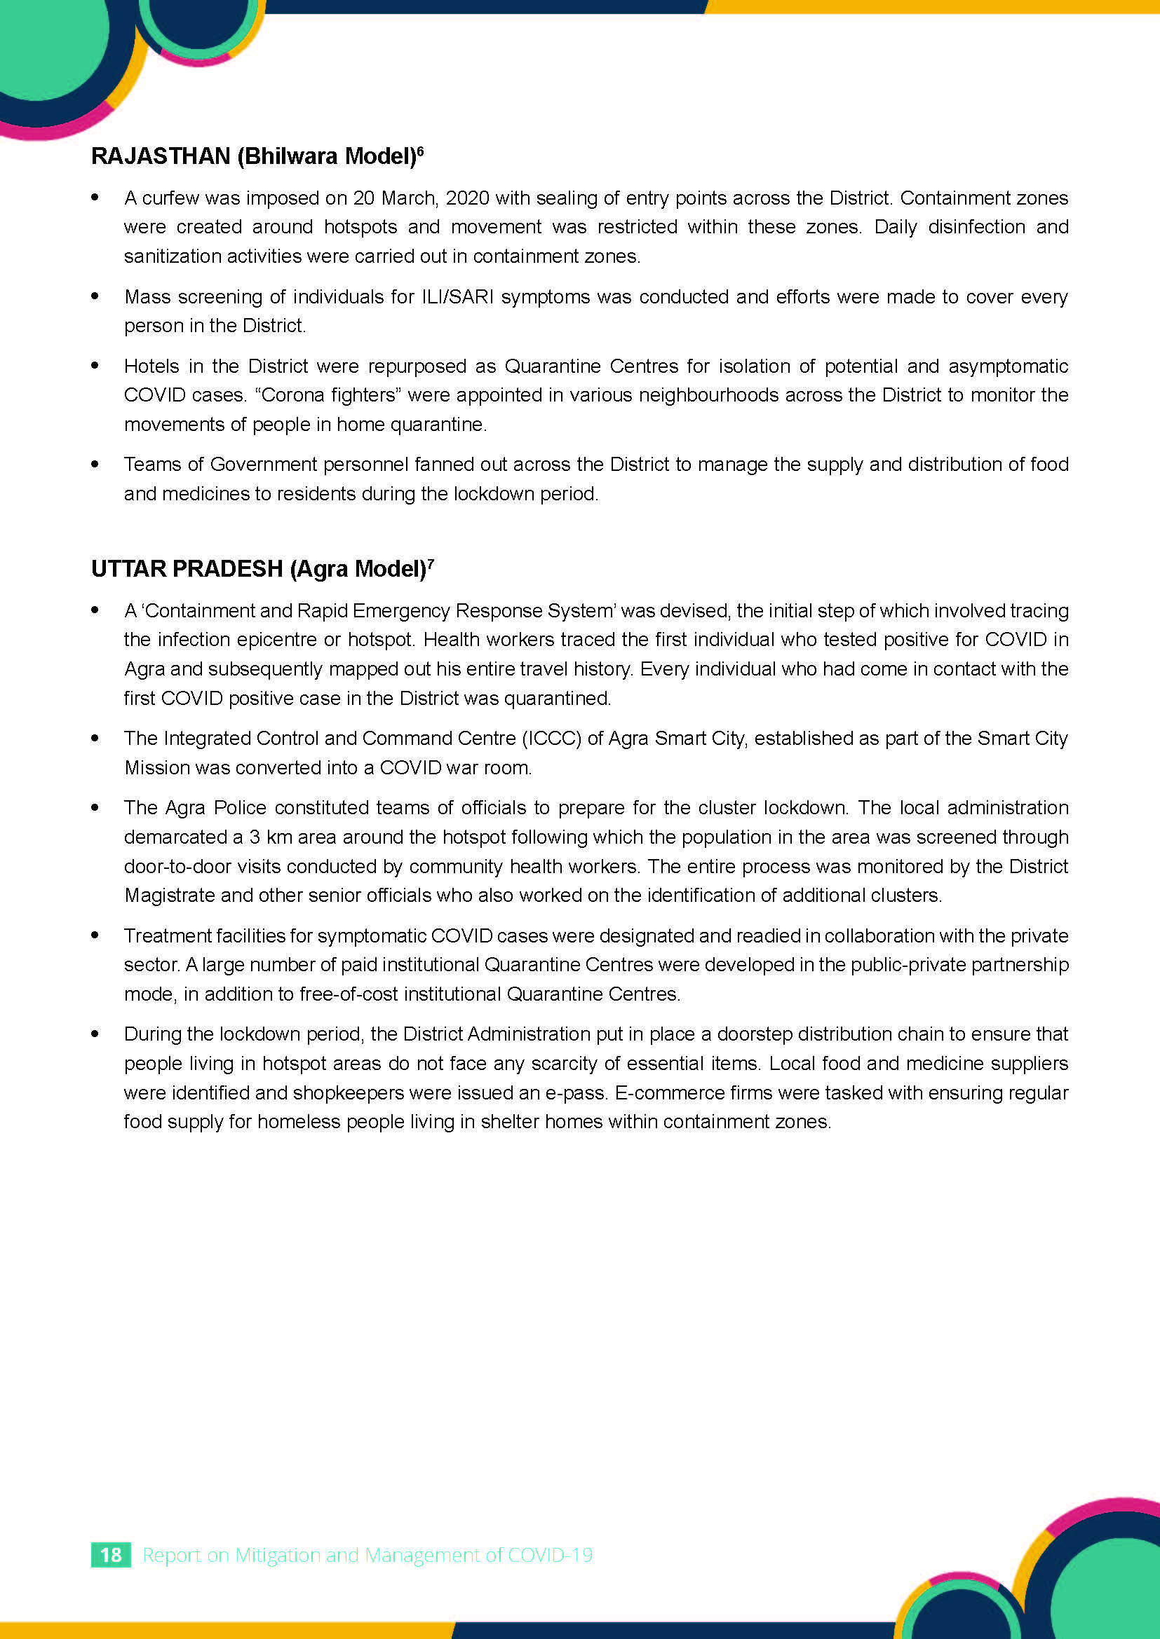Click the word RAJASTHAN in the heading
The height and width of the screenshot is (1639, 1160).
tap(161, 156)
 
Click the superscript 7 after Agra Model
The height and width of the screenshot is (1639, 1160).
tap(431, 563)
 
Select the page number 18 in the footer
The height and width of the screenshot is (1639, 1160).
tap(111, 1554)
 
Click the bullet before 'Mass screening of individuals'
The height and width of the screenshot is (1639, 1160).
tap(95, 296)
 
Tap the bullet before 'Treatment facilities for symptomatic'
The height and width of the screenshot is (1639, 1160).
tap(95, 935)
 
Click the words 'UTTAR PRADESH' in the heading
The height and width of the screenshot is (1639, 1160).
tap(187, 569)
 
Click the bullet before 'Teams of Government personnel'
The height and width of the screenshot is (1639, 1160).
tap(95, 464)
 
